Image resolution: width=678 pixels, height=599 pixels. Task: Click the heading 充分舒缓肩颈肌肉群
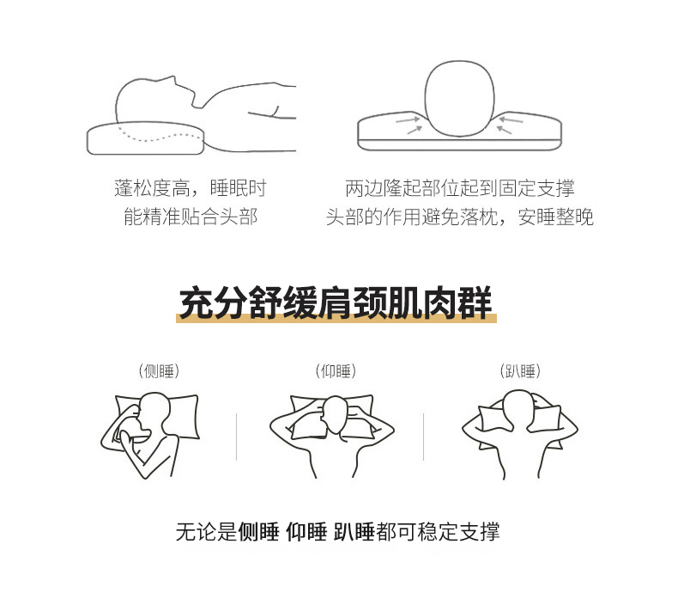point(336,303)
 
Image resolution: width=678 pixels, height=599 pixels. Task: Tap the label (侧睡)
point(159,371)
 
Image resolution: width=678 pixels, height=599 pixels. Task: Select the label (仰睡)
point(336,371)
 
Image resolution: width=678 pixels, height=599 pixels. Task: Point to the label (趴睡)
point(520,371)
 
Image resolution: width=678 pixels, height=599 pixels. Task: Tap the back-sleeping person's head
point(336,414)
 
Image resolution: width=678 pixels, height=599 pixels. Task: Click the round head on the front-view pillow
point(459,98)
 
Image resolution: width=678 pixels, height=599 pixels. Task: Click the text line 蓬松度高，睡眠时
point(191,188)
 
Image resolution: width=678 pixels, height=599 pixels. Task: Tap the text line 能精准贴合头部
point(191,217)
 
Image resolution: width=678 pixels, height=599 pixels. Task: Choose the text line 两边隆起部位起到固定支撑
point(460,188)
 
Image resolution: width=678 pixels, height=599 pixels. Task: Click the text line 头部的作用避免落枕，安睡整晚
point(460,217)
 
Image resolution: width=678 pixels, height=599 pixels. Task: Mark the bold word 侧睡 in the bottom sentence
point(258,531)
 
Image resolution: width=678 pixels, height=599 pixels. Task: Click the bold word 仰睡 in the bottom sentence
point(306,531)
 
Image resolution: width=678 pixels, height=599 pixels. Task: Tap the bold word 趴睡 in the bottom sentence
point(354,531)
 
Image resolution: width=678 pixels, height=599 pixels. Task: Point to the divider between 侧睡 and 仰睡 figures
point(237,437)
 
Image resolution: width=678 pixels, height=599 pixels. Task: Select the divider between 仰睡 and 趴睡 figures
point(423,437)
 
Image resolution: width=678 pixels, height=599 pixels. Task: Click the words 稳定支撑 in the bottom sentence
point(458,531)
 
